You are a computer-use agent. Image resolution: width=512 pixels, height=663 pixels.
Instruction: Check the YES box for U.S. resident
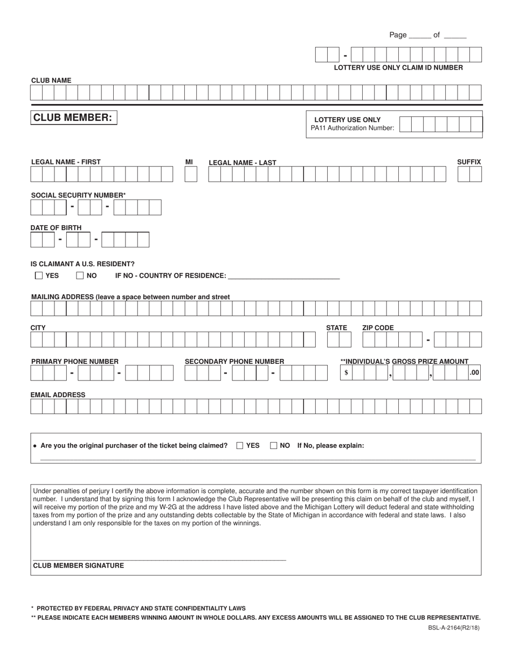39,275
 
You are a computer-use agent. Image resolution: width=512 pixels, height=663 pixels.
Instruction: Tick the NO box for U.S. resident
80,275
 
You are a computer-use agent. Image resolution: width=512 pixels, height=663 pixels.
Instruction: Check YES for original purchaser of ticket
240,446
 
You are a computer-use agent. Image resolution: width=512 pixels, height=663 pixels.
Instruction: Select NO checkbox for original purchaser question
274,446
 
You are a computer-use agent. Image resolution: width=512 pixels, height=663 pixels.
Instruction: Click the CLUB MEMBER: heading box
73,118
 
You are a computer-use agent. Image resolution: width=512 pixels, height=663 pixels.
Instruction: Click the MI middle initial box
191,174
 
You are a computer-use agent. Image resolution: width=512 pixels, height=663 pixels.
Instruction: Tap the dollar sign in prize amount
346,372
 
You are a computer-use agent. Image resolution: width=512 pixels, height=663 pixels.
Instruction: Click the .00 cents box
474,372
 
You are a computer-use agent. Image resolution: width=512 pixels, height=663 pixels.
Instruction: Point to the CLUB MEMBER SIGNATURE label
79,565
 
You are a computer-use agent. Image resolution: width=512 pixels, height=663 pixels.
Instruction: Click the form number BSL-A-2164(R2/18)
452,627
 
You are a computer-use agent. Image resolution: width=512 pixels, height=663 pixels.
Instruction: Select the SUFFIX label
469,162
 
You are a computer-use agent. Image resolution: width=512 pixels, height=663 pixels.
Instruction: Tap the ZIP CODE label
378,328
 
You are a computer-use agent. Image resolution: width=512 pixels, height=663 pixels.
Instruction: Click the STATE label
336,328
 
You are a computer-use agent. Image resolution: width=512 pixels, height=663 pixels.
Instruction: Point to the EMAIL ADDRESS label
58,395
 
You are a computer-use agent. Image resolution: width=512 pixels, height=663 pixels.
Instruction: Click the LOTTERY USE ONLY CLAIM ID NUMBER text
398,68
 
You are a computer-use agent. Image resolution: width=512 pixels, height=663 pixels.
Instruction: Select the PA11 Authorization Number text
352,128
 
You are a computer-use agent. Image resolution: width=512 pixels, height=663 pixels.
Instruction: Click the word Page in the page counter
398,35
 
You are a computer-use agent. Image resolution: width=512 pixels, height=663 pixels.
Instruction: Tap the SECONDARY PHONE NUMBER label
234,361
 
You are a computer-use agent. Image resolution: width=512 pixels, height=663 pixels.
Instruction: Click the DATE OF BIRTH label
56,228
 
